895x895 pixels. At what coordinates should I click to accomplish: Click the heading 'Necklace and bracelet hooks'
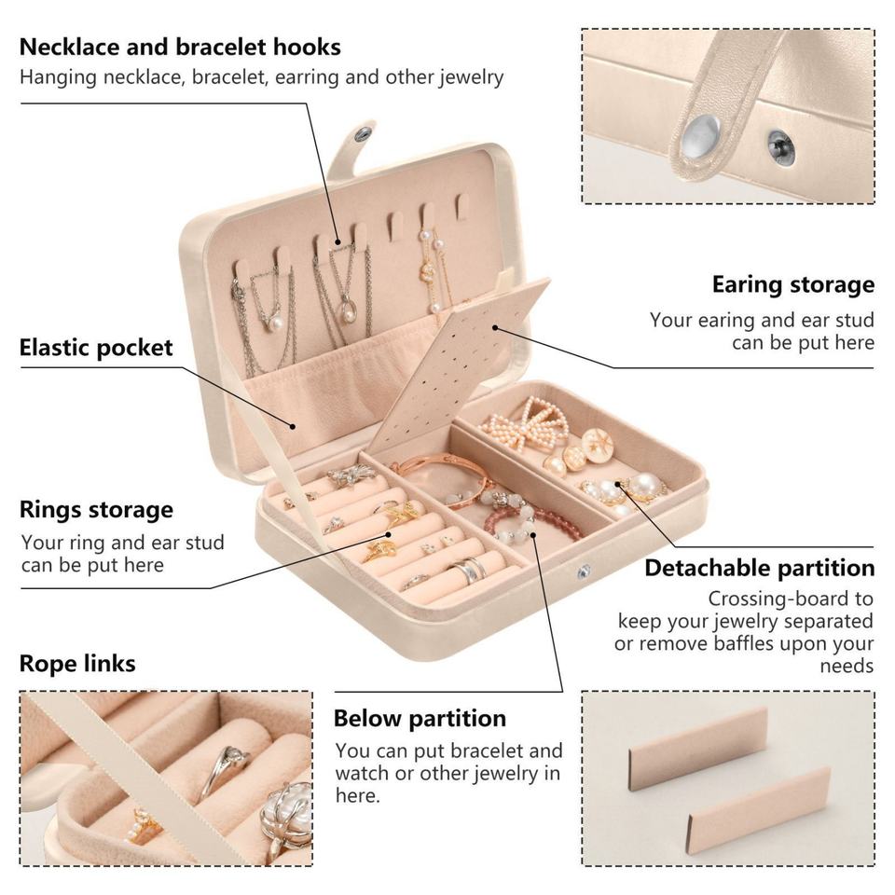180,47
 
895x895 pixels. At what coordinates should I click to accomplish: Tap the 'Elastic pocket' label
96,348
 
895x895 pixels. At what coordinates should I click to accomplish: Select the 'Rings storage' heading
96,510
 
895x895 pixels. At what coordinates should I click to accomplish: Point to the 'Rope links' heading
77,664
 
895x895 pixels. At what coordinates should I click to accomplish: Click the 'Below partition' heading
420,719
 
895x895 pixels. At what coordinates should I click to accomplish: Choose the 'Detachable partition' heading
759,568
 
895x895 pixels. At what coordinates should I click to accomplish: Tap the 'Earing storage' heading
792,284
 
